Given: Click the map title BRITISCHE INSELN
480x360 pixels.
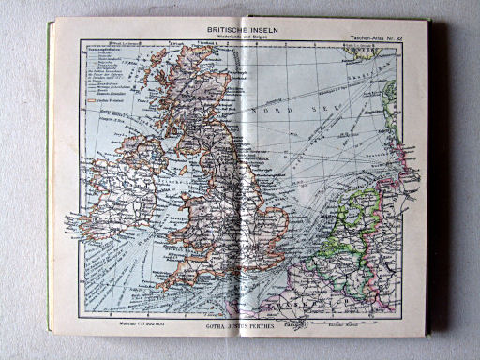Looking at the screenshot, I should pos(242,30).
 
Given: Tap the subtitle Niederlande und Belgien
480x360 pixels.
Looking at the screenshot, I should pos(242,38).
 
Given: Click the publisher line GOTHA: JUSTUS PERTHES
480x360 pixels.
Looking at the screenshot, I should pos(241,330).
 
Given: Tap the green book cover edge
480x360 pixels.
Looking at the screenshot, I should pos(49,187).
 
